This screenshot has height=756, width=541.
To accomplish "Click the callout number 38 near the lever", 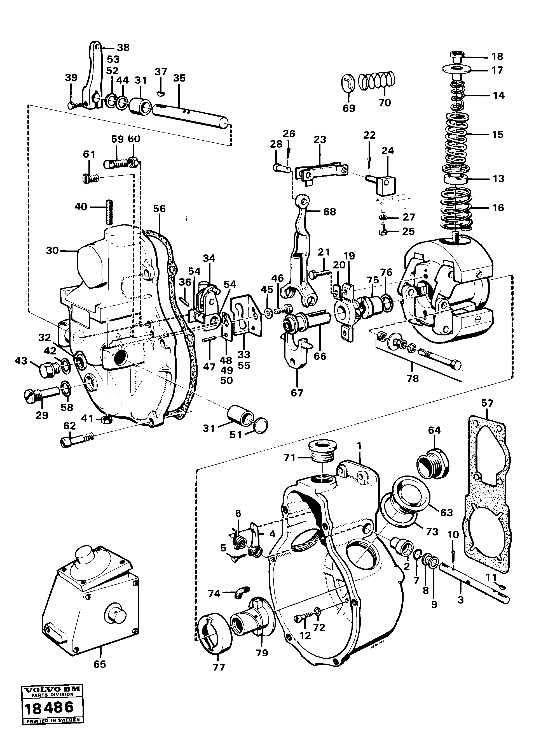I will click(x=123, y=48).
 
